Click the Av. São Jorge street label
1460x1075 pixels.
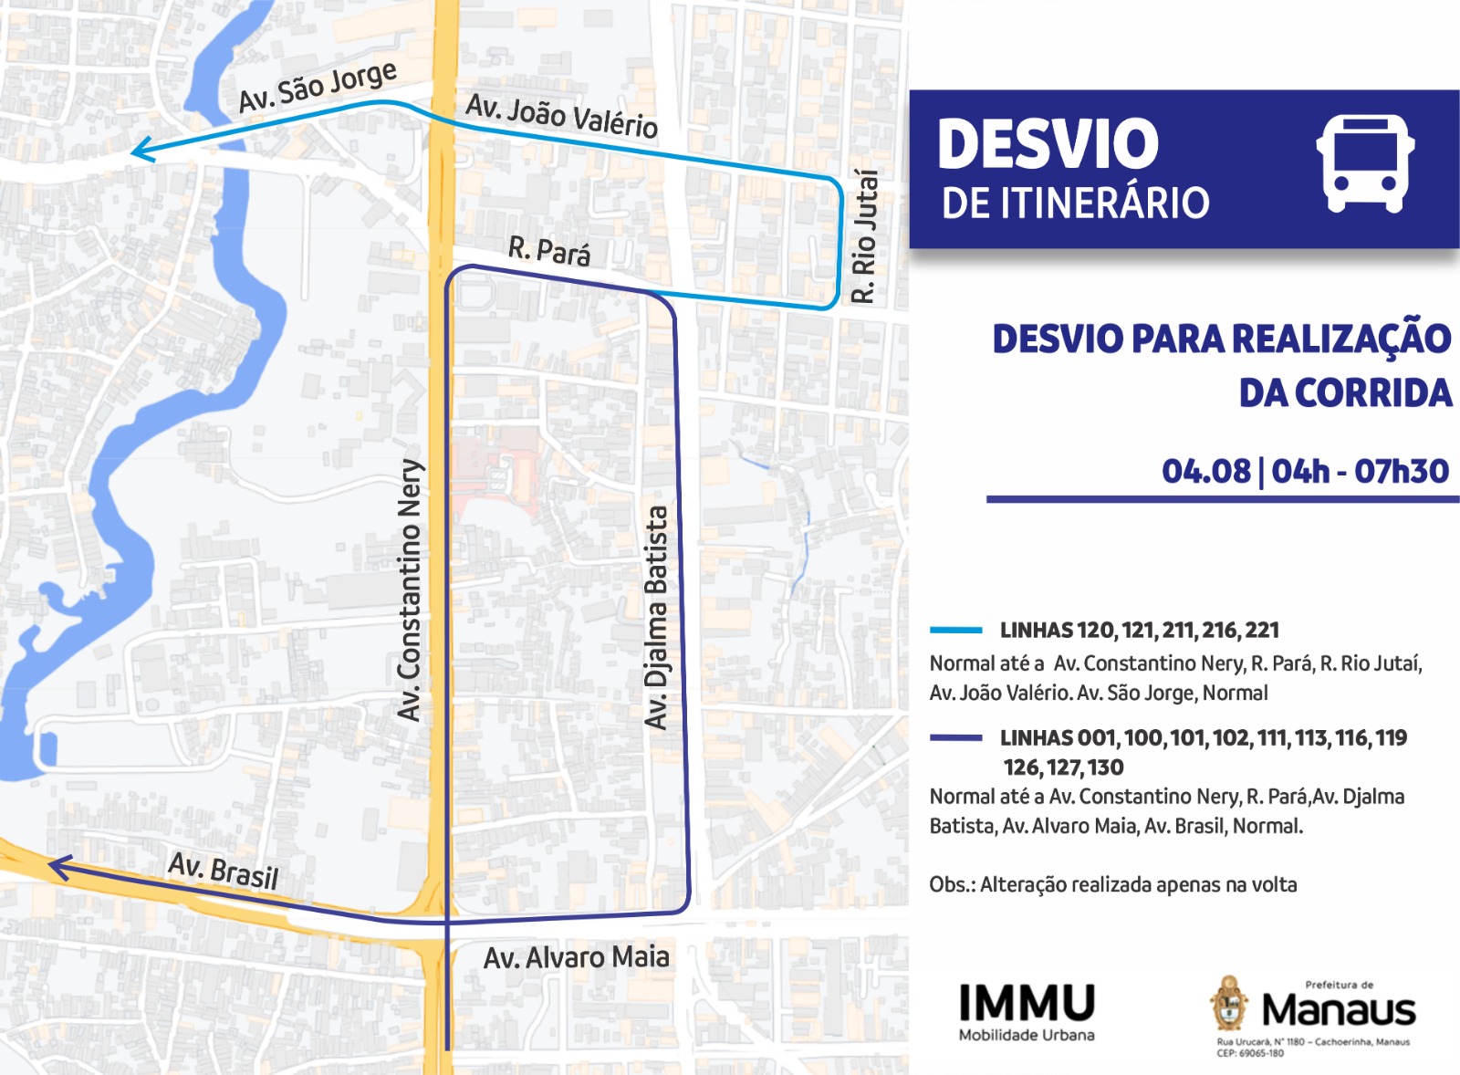coord(317,88)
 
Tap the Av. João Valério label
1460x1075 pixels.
coord(561,116)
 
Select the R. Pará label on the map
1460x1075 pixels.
coord(549,250)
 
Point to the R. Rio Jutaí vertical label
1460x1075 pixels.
coord(864,236)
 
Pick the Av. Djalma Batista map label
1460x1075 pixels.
coord(656,618)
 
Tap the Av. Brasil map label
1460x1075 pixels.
coord(224,870)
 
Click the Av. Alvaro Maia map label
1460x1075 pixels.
coord(576,957)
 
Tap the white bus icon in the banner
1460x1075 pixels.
coord(1365,163)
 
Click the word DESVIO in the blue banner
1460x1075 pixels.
coord(1048,144)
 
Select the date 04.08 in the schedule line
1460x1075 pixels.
coord(1205,472)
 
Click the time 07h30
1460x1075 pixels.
coord(1401,472)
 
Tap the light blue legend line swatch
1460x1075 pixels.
coord(955,630)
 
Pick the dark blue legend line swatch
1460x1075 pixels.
coord(955,737)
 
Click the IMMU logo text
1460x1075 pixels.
coord(1027,1003)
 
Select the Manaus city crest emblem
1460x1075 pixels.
coord(1229,1003)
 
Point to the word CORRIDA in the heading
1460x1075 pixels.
coord(1345,393)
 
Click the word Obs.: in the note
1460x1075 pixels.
coord(952,884)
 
